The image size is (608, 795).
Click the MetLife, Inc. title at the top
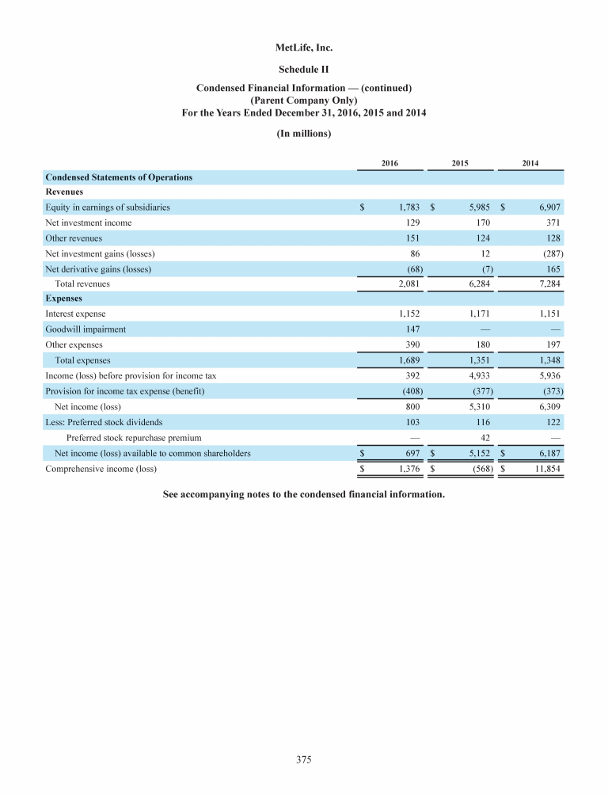tap(304, 49)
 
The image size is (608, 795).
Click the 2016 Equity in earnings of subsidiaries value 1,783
tap(407, 207)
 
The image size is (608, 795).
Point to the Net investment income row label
tap(89, 223)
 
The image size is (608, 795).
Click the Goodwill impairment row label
tap(85, 329)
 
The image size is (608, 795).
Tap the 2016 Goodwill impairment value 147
tap(412, 329)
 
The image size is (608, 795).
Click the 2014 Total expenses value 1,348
tap(547, 360)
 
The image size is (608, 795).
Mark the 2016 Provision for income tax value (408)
tap(408, 391)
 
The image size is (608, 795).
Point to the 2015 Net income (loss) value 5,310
tap(477, 406)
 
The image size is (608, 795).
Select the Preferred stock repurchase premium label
tap(134, 437)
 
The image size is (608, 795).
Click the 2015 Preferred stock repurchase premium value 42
tap(485, 437)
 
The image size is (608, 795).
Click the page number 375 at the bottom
tap(304, 760)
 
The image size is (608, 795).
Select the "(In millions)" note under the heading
tap(304, 133)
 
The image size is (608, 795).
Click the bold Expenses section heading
tap(64, 299)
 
